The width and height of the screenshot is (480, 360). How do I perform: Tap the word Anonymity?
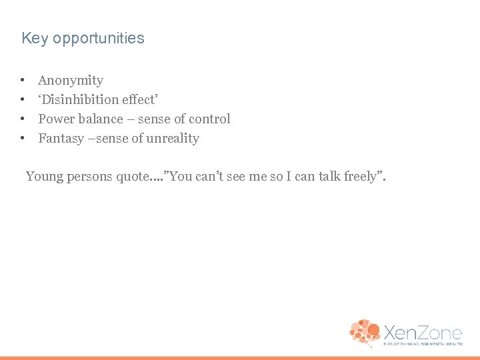[x=71, y=81]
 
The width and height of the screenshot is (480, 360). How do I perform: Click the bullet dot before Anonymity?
[x=23, y=81]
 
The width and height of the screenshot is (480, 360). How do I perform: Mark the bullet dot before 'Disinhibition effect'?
[x=23, y=100]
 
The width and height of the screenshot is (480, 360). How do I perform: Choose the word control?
[x=209, y=119]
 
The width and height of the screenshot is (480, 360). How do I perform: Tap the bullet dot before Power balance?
[x=23, y=119]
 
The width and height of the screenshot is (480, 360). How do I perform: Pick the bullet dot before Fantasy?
[x=23, y=139]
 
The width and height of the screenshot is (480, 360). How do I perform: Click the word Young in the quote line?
[x=45, y=177]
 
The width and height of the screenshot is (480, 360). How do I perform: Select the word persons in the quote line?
[x=91, y=177]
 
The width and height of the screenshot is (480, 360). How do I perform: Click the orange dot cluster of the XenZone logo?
[x=364, y=332]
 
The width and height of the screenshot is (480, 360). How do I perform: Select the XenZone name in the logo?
[x=422, y=331]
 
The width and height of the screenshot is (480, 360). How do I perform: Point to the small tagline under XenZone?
[x=422, y=344]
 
